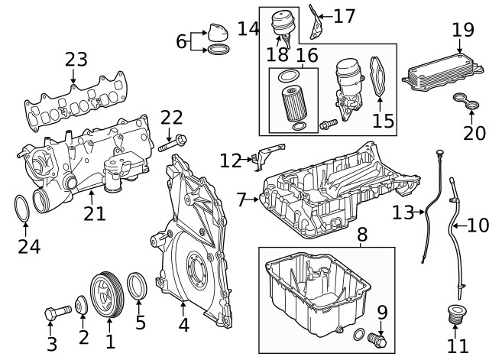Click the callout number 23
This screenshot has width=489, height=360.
[76, 59]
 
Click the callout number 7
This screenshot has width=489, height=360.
[242, 199]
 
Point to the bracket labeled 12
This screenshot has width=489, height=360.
[262, 158]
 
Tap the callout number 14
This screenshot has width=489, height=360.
[248, 29]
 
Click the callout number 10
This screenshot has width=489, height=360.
[478, 225]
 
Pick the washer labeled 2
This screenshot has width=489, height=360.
[81, 307]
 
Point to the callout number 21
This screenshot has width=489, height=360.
[95, 213]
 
